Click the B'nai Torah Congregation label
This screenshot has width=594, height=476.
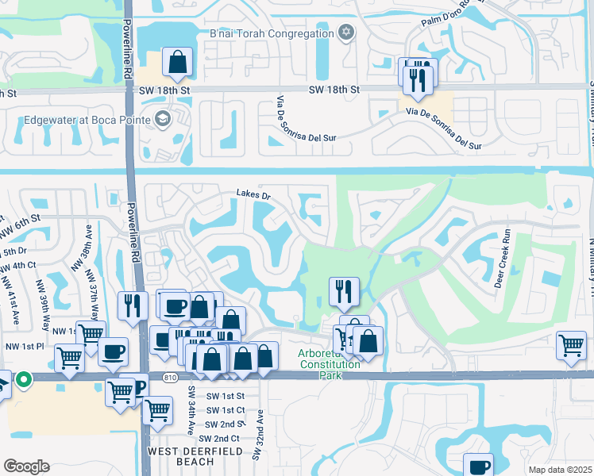click(x=271, y=33)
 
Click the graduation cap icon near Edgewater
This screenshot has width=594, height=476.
click(x=162, y=119)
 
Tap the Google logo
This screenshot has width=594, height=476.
click(x=26, y=466)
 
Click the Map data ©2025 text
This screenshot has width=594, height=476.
click(x=559, y=470)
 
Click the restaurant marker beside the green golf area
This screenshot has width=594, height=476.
click(x=344, y=291)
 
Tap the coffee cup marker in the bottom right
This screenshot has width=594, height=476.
click(x=478, y=466)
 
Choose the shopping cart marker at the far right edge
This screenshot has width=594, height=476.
click(x=571, y=346)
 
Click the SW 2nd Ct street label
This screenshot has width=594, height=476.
click(x=219, y=438)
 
